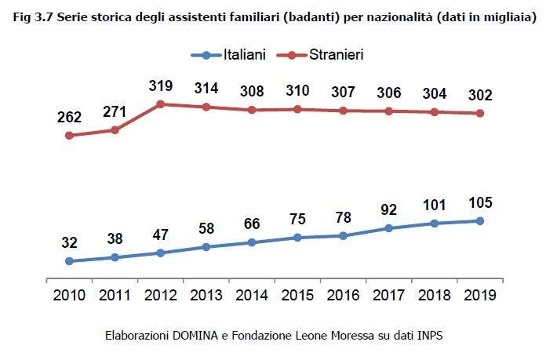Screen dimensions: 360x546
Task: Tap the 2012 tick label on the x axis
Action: click(x=160, y=297)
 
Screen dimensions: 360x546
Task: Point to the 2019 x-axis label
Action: click(x=479, y=297)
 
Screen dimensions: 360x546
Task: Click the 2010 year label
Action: click(x=69, y=297)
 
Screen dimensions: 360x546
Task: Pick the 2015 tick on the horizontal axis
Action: click(x=297, y=297)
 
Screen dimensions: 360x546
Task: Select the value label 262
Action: click(x=69, y=117)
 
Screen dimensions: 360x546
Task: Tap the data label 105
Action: click(x=479, y=203)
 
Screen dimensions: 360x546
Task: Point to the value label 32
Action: click(x=69, y=243)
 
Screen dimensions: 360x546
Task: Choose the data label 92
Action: click(x=388, y=210)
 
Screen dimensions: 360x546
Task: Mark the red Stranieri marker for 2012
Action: click(x=160, y=104)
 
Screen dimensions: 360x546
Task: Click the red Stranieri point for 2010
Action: click(x=69, y=135)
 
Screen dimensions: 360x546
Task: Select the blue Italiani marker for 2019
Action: click(x=479, y=221)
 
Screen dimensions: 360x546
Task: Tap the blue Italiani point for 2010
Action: click(x=69, y=261)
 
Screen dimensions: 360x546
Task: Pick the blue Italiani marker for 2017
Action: click(x=388, y=228)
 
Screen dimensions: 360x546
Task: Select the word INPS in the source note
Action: click(x=430, y=336)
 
